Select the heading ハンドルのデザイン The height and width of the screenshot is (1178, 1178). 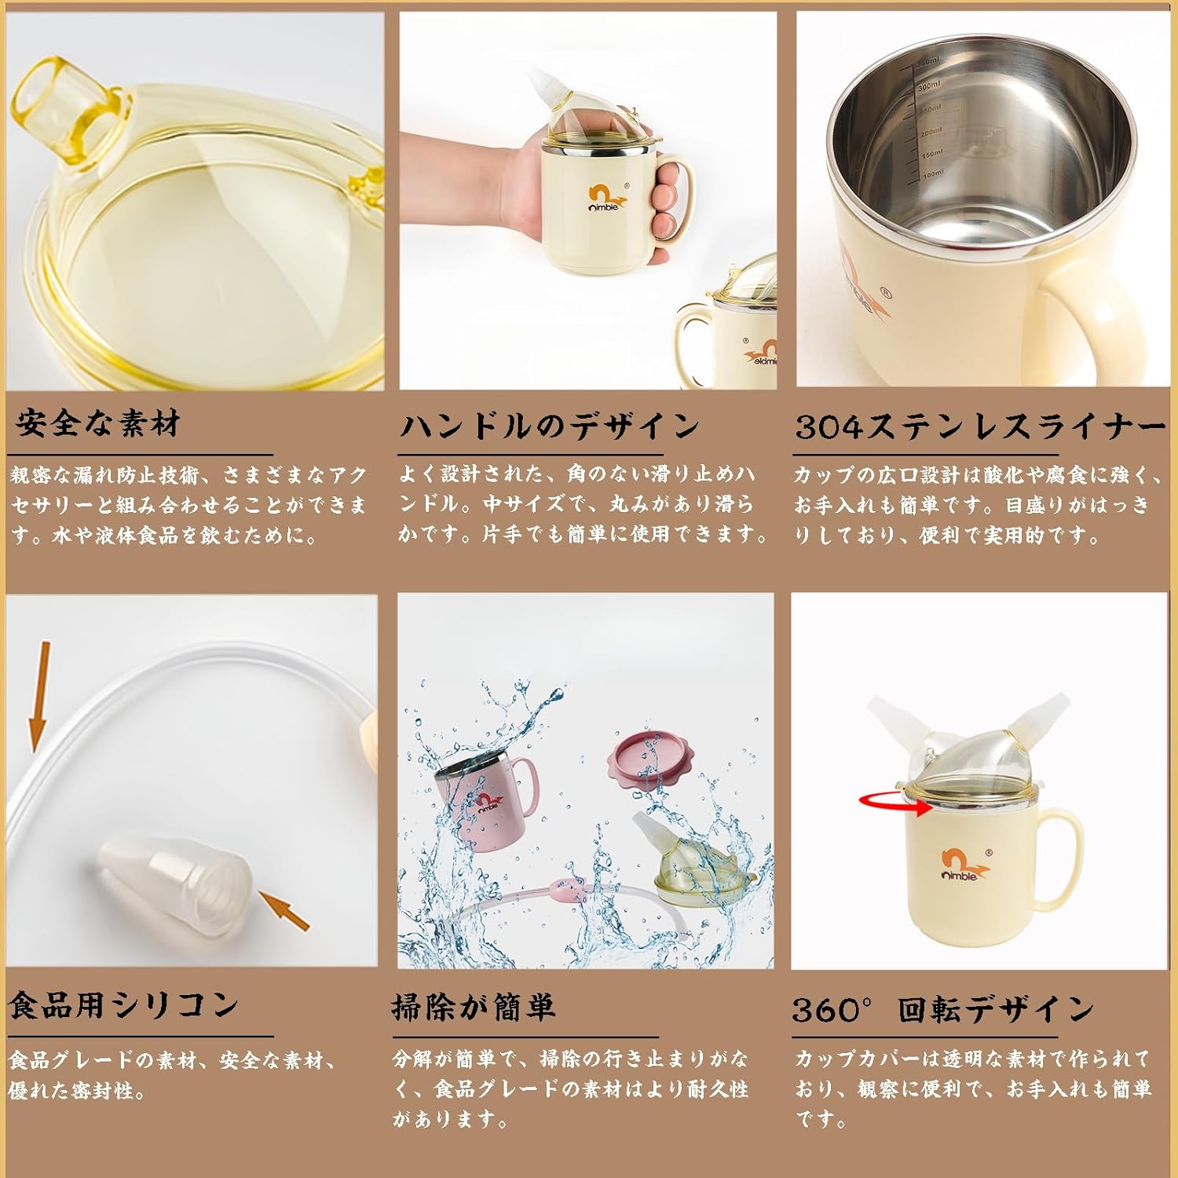(x=549, y=426)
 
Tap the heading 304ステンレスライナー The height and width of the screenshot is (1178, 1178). (x=980, y=426)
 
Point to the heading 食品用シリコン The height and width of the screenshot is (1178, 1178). (x=124, y=1005)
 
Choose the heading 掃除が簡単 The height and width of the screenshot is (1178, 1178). (x=474, y=1007)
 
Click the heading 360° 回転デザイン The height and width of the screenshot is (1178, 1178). (x=942, y=1009)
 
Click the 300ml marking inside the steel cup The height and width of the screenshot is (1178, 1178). (x=929, y=86)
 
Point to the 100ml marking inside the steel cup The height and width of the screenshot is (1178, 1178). (x=933, y=174)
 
